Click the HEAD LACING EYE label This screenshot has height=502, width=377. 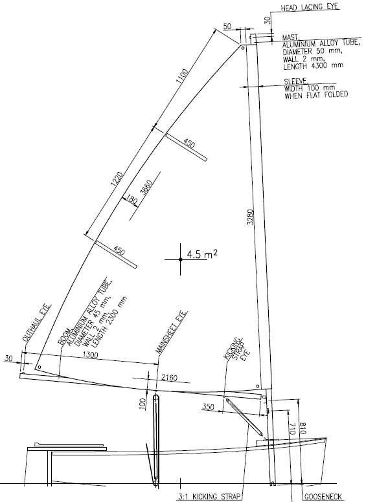[310, 7]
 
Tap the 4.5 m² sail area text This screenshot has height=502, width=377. [202, 254]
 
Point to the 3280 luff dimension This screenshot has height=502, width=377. [251, 217]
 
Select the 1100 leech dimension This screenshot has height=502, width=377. [182, 76]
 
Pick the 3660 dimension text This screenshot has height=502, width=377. [146, 188]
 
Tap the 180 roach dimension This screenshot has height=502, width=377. [131, 200]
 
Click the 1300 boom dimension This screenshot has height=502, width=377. [91, 355]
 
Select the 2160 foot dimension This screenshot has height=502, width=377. [169, 378]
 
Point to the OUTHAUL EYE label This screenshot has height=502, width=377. [36, 323]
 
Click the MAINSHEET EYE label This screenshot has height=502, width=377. [172, 332]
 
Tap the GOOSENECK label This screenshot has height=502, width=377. [323, 497]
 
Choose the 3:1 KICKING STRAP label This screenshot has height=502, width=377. [209, 497]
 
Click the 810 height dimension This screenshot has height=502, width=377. [303, 428]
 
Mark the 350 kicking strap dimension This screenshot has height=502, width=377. [208, 407]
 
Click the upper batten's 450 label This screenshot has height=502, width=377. [188, 144]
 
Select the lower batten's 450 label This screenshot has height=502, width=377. [119, 250]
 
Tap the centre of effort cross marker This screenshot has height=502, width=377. [180, 259]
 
